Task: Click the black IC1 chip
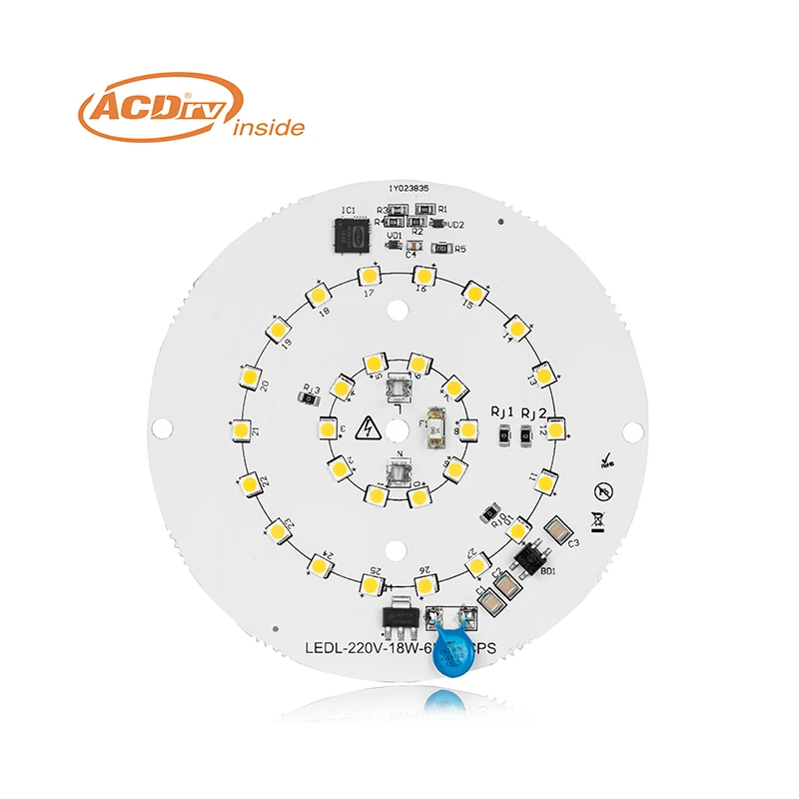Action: tap(350, 236)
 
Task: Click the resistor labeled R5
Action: tap(442, 249)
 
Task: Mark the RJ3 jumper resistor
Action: tap(310, 399)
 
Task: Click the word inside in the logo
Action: tap(268, 128)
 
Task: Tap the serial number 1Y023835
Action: tap(409, 187)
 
